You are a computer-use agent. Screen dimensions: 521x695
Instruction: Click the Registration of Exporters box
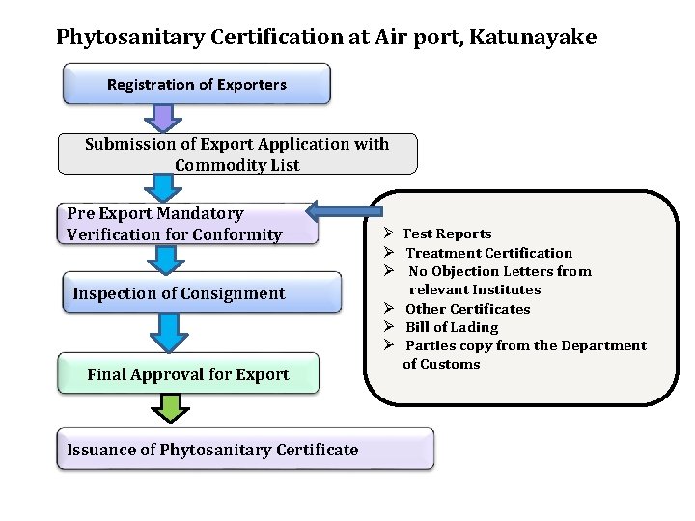tap(196, 84)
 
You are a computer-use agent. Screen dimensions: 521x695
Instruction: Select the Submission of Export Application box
tap(236, 154)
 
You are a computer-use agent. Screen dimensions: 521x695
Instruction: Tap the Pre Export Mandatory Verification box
tap(188, 224)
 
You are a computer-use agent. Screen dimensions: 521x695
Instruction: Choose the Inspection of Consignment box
tap(201, 292)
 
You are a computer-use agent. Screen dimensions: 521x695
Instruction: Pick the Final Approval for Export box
tap(187, 374)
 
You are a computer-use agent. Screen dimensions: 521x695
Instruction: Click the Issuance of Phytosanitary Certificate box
tap(245, 450)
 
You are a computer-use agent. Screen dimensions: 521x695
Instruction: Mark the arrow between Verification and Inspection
tap(167, 259)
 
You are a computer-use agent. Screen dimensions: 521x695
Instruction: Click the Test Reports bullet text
tap(447, 233)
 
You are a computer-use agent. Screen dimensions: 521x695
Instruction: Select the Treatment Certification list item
tap(488, 253)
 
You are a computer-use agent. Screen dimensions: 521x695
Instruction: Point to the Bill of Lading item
tap(452, 327)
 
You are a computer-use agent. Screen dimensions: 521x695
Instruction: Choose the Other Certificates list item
tap(467, 309)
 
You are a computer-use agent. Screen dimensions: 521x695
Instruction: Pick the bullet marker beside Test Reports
tap(385, 233)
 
